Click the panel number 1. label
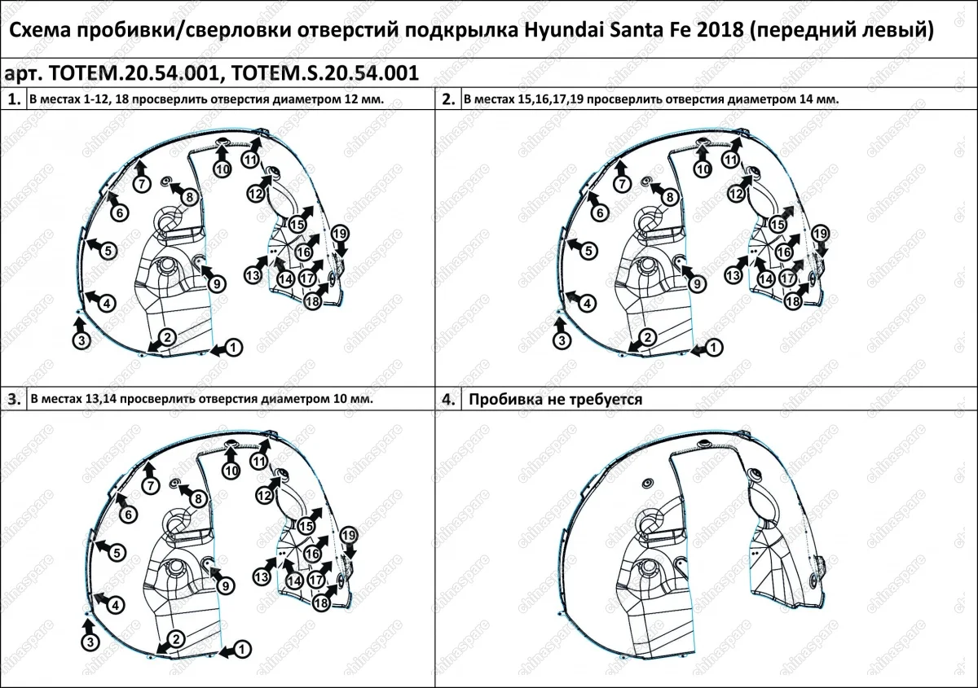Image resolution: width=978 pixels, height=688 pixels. coord(14,99)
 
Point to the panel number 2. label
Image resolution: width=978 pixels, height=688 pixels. coord(448,99)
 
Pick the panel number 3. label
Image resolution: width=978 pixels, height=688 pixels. coord(14,400)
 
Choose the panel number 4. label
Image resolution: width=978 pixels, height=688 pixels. coord(448,400)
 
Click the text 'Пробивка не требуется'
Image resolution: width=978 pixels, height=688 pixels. coord(557,400)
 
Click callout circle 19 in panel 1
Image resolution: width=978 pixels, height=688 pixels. coord(341,234)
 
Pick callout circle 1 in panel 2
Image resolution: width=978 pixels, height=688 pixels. coord(714,347)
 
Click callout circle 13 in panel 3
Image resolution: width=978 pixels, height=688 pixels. coord(262,576)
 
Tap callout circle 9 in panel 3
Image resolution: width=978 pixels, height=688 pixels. coord(225,585)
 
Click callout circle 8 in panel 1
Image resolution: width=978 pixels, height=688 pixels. coord(188,196)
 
